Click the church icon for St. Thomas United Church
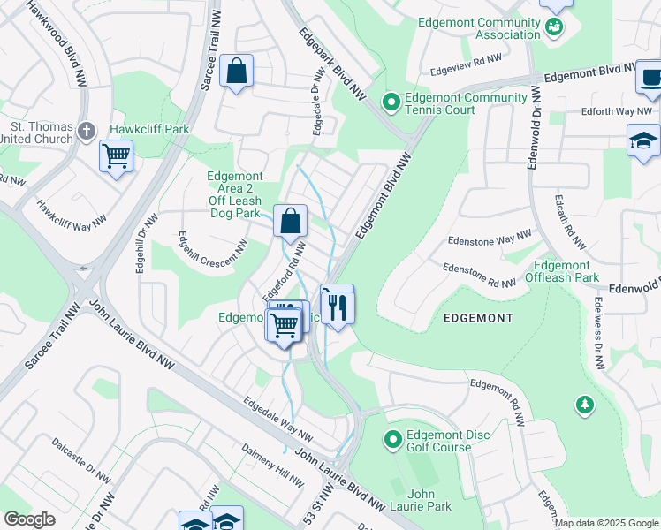click(86, 132)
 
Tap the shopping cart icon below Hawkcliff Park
click(116, 157)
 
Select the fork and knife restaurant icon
click(337, 306)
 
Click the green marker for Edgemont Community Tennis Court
click(391, 103)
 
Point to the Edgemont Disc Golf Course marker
click(393, 437)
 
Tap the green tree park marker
click(583, 405)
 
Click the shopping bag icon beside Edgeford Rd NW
click(290, 222)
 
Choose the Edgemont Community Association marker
click(555, 27)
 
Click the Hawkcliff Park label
click(149, 129)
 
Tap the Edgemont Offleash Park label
click(561, 271)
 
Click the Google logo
click(29, 519)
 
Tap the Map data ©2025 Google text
click(605, 523)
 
